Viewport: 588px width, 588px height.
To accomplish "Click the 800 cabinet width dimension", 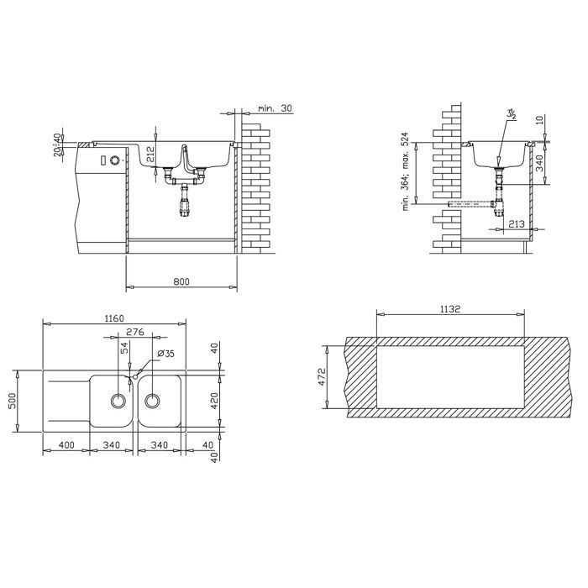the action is (181, 281).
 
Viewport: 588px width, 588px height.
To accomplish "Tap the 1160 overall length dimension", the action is (114, 318).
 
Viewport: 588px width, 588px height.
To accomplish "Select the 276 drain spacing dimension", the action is (135, 332).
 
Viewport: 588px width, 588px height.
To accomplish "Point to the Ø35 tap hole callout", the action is (166, 354).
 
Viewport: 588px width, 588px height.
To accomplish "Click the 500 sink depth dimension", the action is (13, 401).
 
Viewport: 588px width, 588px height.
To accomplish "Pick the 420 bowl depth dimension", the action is (213, 401).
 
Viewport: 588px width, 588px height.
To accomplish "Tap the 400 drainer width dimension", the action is (66, 445).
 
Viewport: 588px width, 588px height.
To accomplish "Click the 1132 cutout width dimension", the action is (450, 309).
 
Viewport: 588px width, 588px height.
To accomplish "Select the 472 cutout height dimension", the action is (322, 377).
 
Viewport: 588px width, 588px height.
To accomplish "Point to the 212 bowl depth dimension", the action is (150, 154).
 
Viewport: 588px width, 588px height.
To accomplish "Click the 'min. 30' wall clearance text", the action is (275, 108).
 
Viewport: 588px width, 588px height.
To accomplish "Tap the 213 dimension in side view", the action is (517, 224).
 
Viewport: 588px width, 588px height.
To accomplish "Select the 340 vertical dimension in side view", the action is (539, 164).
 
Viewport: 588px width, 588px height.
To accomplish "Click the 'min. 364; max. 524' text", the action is (406, 171).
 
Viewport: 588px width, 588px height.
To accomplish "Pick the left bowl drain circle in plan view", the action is (118, 401).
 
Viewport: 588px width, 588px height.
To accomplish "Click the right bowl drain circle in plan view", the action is (152, 401).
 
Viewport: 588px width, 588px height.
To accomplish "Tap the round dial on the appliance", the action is (114, 160).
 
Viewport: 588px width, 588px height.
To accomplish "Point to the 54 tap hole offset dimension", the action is (125, 348).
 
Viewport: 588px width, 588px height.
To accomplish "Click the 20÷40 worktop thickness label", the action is (57, 144).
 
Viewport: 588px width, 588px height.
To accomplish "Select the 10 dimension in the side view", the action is (539, 120).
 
